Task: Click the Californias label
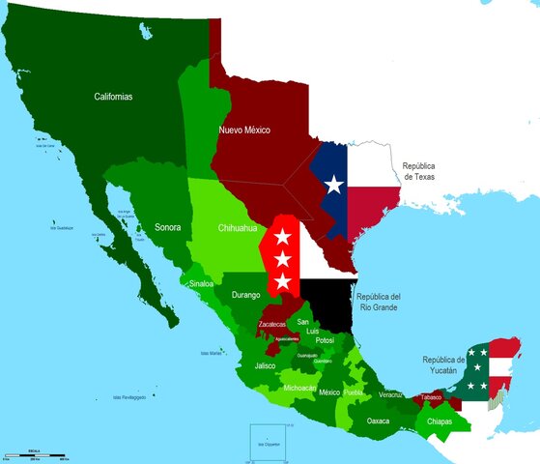113,97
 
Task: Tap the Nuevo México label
243,130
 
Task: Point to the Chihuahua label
237,228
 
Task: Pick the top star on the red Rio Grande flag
283,236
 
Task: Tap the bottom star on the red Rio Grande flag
283,280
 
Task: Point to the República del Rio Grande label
378,302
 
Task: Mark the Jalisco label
266,366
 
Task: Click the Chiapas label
440,420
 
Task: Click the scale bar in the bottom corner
34,453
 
